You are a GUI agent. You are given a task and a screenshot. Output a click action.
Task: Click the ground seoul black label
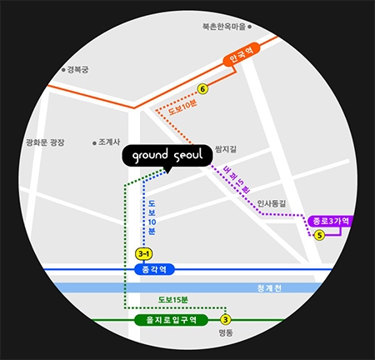pos(164,156)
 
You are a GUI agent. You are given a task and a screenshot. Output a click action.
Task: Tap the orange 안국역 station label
pos(242,58)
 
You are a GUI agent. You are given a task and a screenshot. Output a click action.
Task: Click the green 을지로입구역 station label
pos(170,319)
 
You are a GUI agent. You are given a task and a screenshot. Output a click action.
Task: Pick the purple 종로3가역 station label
pos(330,221)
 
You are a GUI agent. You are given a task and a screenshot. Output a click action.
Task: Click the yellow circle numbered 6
pos(202,89)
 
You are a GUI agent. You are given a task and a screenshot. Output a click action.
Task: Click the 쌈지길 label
pos(226,148)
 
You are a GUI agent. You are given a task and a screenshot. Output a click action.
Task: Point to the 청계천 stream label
pos(269,288)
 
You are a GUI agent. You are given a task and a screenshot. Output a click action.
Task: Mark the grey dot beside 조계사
pos(93,142)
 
